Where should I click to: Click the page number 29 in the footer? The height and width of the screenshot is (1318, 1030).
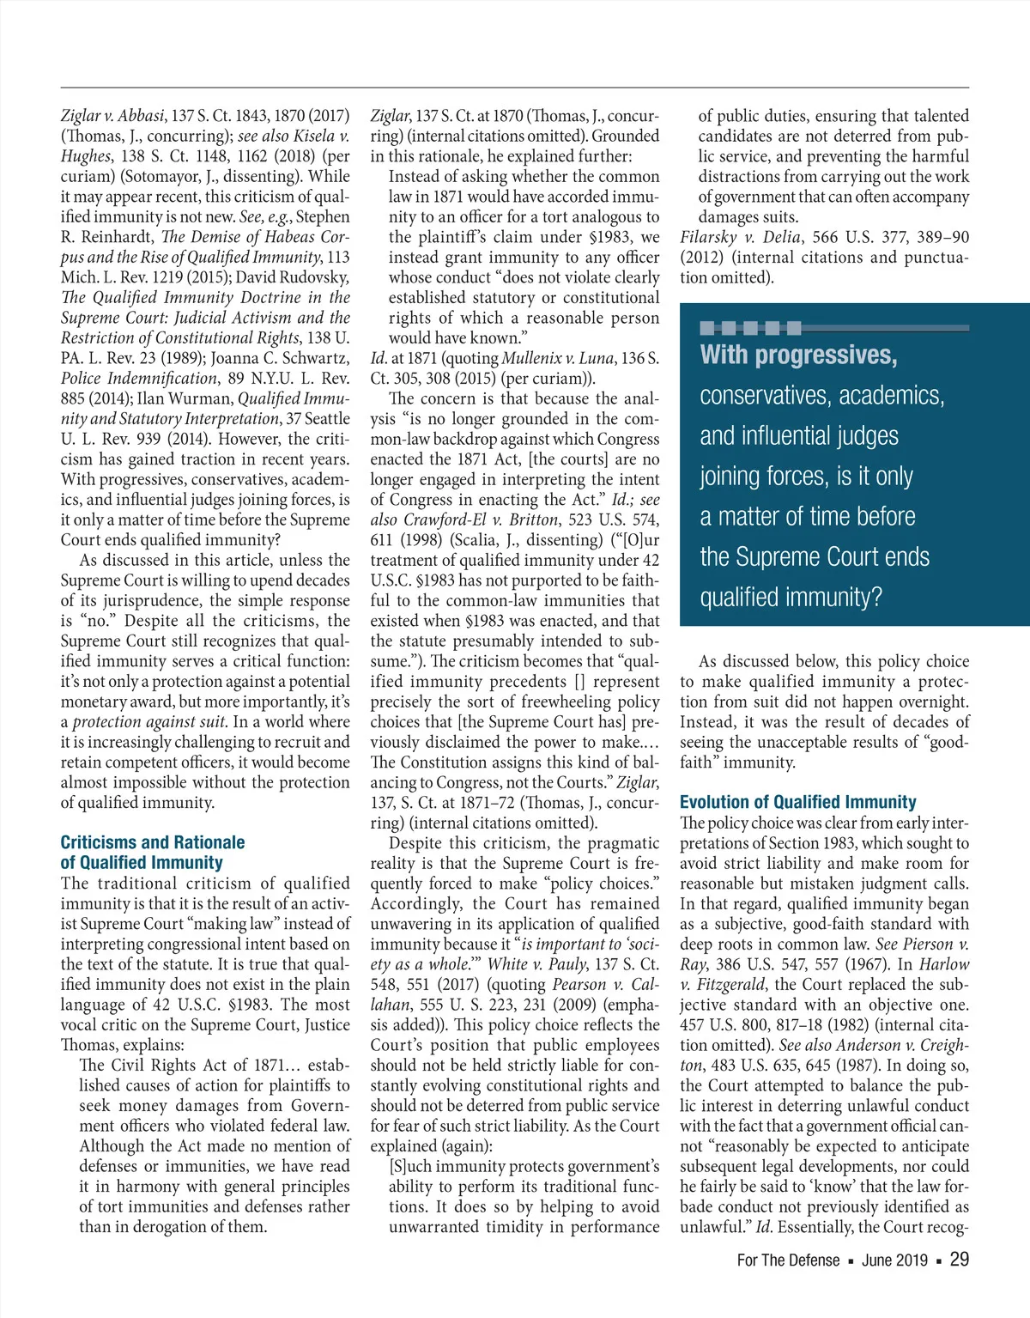pyautogui.click(x=959, y=1260)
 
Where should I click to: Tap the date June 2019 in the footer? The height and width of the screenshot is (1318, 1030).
pyautogui.click(x=894, y=1260)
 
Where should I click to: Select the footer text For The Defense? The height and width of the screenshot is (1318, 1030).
pyautogui.click(x=788, y=1260)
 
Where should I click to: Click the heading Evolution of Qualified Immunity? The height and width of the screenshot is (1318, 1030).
pyautogui.click(x=797, y=802)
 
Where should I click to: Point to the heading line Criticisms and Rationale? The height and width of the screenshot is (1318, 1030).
pyautogui.click(x=152, y=842)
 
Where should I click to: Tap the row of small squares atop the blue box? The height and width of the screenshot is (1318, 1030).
pyautogui.click(x=750, y=328)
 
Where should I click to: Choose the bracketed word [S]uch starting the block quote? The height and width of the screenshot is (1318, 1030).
pyautogui.click(x=411, y=1166)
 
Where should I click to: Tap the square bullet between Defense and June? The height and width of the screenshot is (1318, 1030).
pyautogui.click(x=851, y=1261)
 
